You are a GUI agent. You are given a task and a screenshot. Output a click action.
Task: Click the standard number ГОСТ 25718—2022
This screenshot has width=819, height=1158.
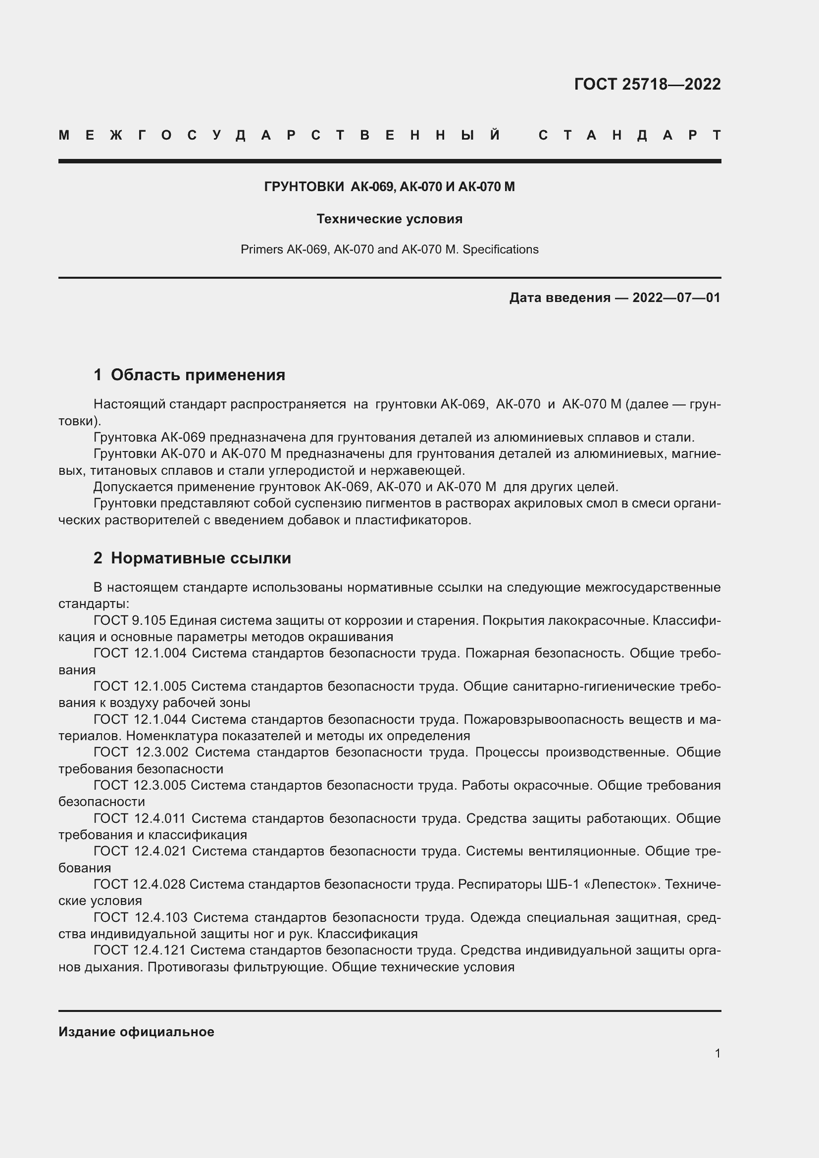647,84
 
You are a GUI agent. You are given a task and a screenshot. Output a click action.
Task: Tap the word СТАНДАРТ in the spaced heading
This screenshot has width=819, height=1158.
629,135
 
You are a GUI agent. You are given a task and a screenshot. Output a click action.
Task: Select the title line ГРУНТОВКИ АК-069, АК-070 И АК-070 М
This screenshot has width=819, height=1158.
389,187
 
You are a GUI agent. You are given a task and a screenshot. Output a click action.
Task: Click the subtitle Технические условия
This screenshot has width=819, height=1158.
389,219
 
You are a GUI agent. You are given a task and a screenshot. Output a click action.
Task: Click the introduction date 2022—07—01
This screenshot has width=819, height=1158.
676,298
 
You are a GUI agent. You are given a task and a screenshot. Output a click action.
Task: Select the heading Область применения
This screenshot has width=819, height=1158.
198,375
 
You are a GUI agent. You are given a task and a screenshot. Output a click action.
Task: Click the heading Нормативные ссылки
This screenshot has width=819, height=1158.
201,558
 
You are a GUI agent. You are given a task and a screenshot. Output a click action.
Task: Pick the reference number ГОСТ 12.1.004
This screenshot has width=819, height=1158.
140,653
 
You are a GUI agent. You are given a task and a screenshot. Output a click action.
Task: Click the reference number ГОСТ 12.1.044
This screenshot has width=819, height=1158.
140,719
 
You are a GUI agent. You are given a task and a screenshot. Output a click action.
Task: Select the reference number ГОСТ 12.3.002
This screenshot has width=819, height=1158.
141,752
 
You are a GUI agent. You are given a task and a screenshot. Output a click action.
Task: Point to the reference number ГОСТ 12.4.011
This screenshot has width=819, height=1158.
140,818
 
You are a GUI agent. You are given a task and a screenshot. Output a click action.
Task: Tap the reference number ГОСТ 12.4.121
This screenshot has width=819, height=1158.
139,950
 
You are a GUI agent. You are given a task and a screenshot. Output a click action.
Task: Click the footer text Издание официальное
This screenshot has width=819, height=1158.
136,1032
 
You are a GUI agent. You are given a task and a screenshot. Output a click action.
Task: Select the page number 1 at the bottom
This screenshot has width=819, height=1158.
717,1053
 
